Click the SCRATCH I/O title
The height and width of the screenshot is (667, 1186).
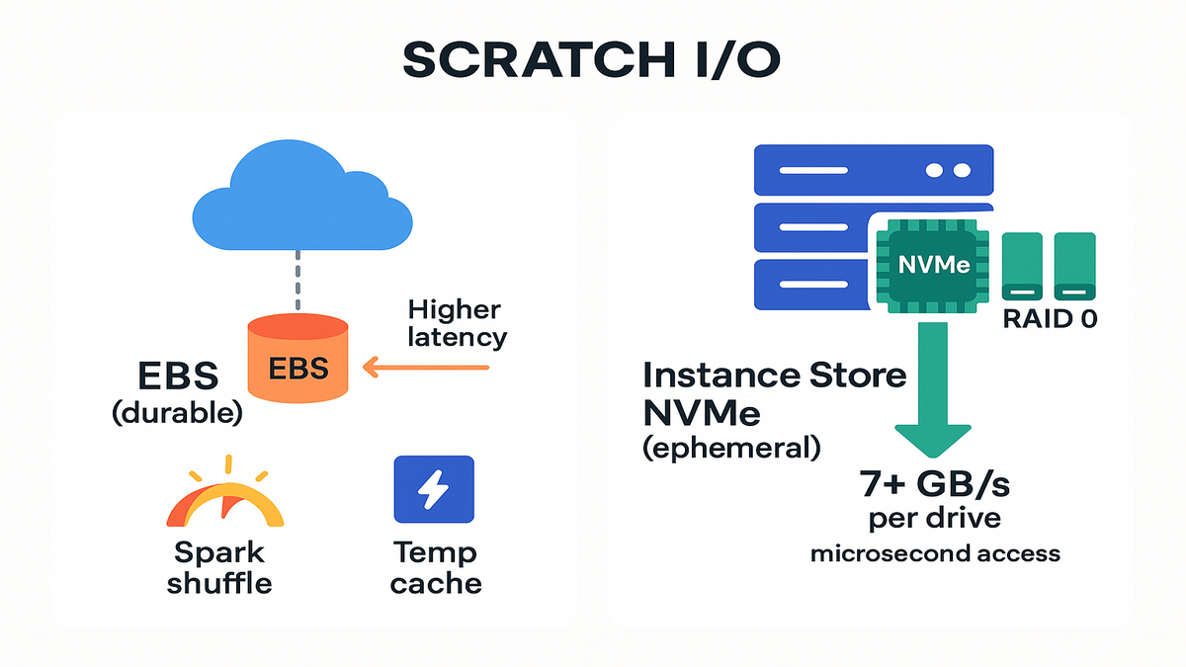click(592, 60)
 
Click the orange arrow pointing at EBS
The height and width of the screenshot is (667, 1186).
click(425, 369)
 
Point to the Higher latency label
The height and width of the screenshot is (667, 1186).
click(456, 322)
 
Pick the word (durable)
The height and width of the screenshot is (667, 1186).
click(177, 412)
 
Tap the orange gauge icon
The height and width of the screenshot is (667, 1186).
click(226, 499)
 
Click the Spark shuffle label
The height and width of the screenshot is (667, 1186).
click(219, 566)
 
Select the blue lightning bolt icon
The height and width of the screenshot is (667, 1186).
click(434, 488)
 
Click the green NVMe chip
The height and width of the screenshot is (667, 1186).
click(933, 265)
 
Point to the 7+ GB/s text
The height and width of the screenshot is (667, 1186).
click(934, 485)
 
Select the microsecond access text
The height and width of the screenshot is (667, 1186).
click(935, 553)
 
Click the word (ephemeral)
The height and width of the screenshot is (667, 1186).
click(731, 448)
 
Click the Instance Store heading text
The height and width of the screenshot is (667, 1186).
click(774, 375)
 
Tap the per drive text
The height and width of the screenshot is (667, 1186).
click(935, 519)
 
